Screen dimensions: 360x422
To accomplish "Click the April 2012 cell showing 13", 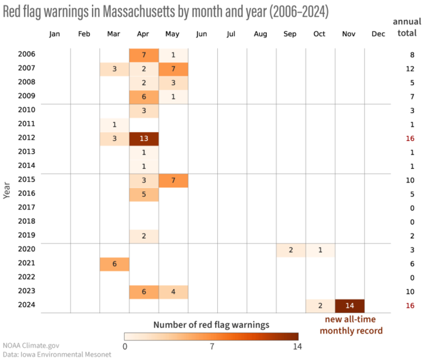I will click(x=144, y=138).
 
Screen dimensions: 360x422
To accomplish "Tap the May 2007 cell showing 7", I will click(x=173, y=69).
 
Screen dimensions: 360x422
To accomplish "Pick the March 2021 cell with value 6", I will click(x=114, y=263).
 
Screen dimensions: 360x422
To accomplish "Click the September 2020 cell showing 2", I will click(x=291, y=250).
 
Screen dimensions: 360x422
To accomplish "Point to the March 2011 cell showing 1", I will click(x=114, y=125).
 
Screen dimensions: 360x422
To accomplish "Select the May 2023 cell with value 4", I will click(x=173, y=291).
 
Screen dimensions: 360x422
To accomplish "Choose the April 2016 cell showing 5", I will click(x=144, y=194).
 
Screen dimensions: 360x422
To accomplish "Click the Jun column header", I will click(x=201, y=33).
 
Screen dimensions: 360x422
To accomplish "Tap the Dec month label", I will click(x=378, y=33).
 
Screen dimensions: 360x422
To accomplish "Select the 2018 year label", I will click(x=27, y=221).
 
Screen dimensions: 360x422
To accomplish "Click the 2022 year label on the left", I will click(x=27, y=277).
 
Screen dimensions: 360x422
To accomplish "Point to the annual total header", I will click(x=407, y=27).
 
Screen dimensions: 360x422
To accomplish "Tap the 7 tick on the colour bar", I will click(x=211, y=346).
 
